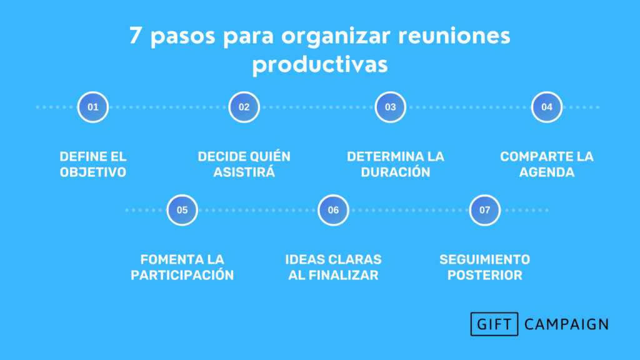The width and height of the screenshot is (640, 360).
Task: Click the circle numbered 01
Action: pos(93,107)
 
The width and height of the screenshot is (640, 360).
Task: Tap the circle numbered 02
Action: pos(244,107)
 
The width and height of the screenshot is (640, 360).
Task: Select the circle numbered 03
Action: pos(390,107)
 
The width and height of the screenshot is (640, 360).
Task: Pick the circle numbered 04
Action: pos(546,107)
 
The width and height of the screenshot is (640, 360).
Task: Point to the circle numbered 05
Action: pos(182,210)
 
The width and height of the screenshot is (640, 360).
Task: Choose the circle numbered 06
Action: pos(333,210)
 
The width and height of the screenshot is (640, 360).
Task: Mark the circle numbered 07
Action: pos(484,210)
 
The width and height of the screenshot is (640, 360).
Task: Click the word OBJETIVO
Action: pos(93,172)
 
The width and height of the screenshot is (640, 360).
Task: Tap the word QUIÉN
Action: pos(270,156)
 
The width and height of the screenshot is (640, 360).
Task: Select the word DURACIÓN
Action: pos(396,172)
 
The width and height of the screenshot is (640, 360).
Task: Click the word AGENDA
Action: pos(546,172)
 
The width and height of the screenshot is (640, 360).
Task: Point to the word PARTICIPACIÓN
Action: pos(182,275)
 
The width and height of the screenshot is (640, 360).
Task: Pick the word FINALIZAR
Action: pos(343,275)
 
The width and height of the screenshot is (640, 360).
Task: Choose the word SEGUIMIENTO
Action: pos(484,259)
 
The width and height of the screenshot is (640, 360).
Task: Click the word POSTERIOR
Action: pos(484,275)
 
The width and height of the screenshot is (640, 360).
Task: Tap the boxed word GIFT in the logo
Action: pos(494,324)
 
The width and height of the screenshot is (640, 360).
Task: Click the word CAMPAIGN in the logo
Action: pos(566,324)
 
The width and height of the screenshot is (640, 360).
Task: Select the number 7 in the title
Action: pos(135,36)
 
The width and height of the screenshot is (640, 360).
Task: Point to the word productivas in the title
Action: pos(320,64)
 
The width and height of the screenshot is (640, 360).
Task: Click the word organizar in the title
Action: pos(336,37)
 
